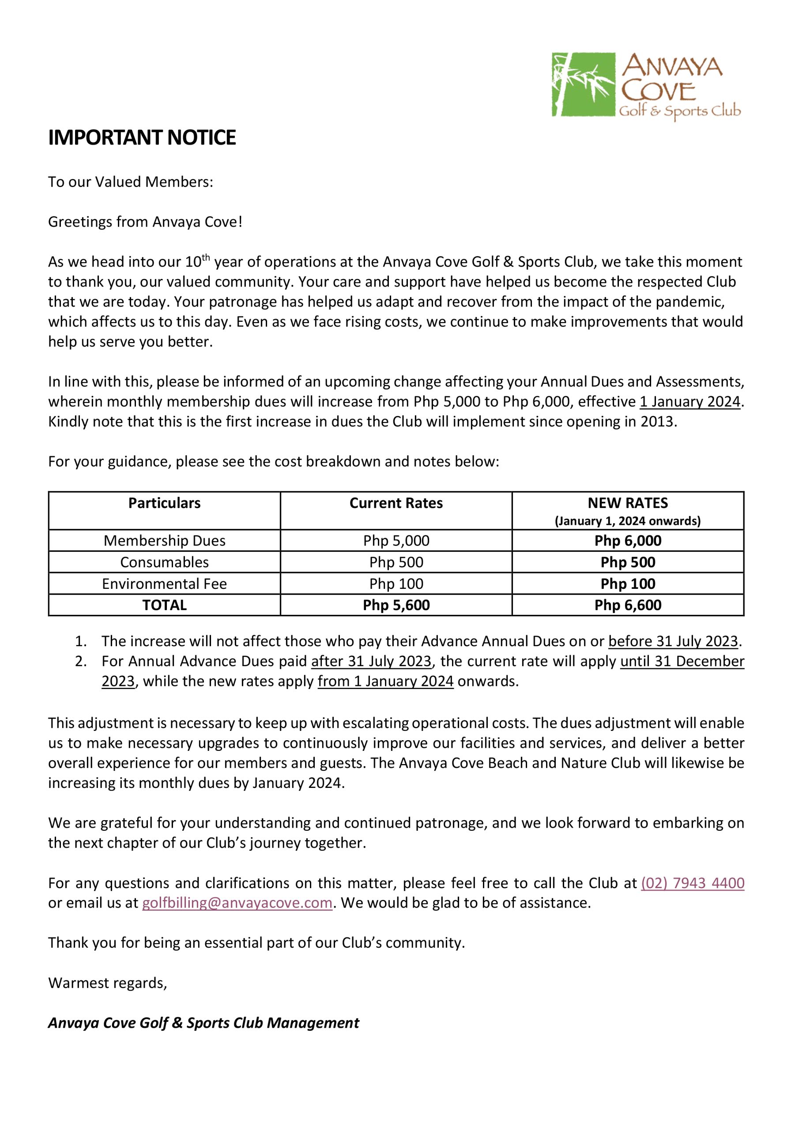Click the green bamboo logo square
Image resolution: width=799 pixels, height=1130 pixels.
(x=584, y=85)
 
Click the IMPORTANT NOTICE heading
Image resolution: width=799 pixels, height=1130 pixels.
(x=142, y=137)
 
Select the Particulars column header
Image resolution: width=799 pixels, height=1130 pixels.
(x=164, y=503)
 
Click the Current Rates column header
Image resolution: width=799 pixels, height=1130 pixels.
(x=396, y=503)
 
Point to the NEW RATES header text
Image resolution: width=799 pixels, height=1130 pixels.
(x=628, y=503)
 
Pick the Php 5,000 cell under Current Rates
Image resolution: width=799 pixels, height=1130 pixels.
(x=396, y=540)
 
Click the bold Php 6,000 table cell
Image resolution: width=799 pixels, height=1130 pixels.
(x=628, y=540)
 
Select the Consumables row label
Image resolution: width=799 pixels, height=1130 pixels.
(x=164, y=562)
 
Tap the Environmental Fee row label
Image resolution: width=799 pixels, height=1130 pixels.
(x=164, y=584)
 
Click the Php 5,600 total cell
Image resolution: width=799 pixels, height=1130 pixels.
(x=396, y=605)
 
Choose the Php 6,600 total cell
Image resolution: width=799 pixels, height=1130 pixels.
(x=628, y=605)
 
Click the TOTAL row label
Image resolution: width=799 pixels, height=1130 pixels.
(x=164, y=605)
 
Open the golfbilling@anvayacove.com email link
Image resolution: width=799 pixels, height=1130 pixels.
(x=237, y=903)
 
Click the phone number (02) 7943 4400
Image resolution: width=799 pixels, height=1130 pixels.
(x=692, y=883)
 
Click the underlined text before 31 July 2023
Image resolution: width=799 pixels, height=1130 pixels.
(x=673, y=641)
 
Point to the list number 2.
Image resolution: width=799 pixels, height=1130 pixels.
(x=81, y=662)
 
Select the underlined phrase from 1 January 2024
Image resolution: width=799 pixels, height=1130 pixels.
(x=385, y=681)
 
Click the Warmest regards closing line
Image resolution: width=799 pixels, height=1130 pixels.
(x=107, y=983)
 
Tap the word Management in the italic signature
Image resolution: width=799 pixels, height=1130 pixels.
(x=313, y=1023)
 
